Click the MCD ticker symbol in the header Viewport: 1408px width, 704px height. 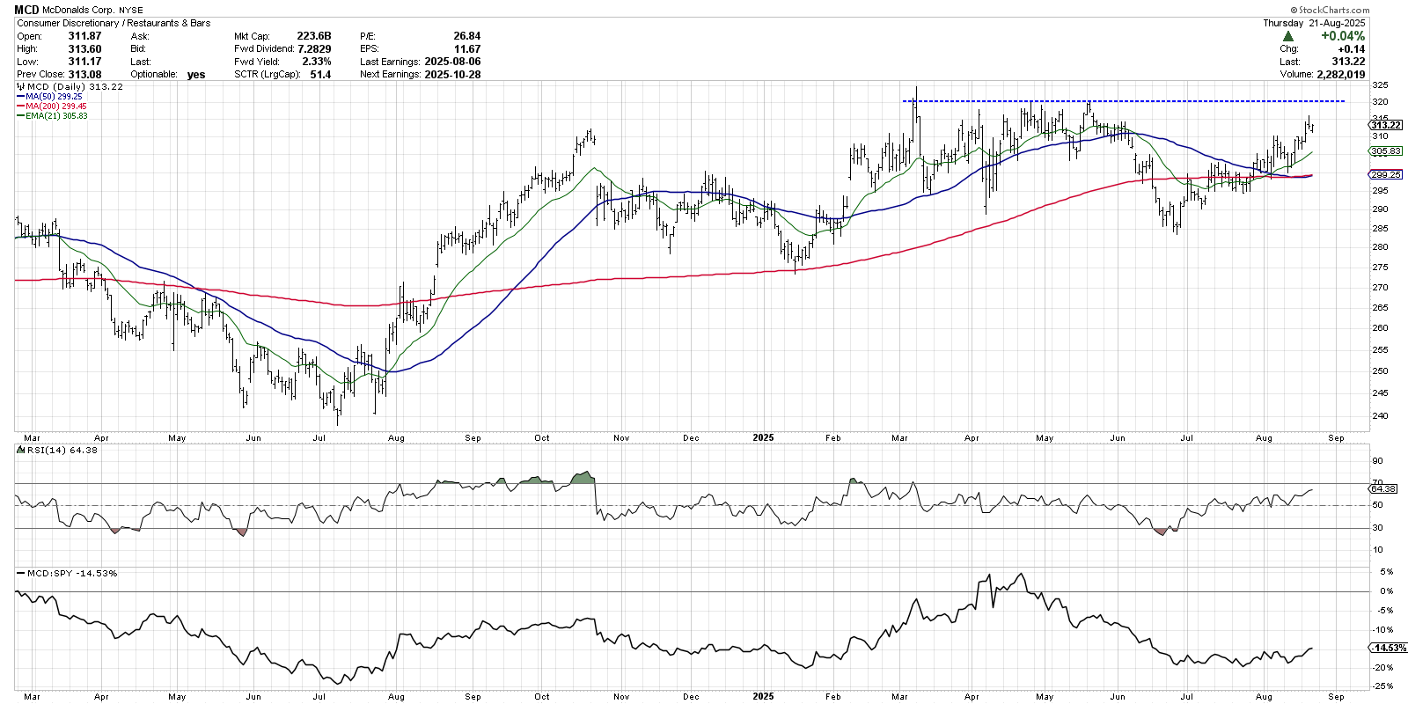[x=26, y=10]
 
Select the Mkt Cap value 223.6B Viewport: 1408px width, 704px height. [x=314, y=36]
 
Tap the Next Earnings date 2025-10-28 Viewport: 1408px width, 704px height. [x=452, y=74]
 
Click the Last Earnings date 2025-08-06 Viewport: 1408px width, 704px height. [x=452, y=62]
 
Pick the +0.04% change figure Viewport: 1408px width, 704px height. [x=1342, y=36]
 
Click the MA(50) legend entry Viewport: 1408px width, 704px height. [x=54, y=97]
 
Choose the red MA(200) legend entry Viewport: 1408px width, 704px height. [x=55, y=106]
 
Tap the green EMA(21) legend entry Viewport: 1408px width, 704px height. [x=56, y=116]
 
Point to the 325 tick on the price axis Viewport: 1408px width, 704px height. [x=1380, y=85]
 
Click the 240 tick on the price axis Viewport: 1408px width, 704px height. [x=1380, y=415]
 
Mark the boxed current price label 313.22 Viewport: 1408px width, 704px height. [x=1386, y=125]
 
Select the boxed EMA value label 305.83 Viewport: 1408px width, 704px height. [x=1386, y=151]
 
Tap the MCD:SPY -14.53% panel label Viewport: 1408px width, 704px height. [x=71, y=573]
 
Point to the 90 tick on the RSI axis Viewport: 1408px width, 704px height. [x=1377, y=461]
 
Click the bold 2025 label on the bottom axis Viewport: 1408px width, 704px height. [x=763, y=696]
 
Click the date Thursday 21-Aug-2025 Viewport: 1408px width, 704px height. [x=1314, y=23]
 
